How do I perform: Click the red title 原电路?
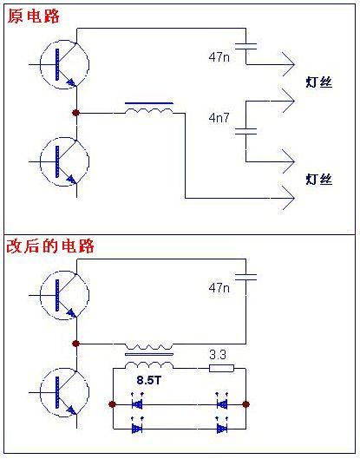click(x=33, y=16)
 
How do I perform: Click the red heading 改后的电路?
click(x=50, y=246)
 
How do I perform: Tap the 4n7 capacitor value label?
click(x=219, y=118)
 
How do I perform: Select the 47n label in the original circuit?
click(x=219, y=56)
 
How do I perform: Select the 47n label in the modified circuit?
click(x=219, y=288)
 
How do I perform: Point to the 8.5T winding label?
click(x=149, y=380)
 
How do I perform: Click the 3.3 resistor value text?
click(x=218, y=355)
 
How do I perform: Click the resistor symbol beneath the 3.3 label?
click(x=221, y=368)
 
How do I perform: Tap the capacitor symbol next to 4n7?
click(x=245, y=131)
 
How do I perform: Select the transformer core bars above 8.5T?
click(x=149, y=354)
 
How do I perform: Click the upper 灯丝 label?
click(x=319, y=82)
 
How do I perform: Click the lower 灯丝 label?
click(x=319, y=179)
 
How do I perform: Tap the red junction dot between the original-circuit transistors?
click(x=75, y=113)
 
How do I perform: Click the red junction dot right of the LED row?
click(x=245, y=404)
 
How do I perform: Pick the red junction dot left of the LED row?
click(x=112, y=404)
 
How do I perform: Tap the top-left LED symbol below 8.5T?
click(x=137, y=403)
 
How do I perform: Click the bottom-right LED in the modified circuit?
click(x=222, y=427)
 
